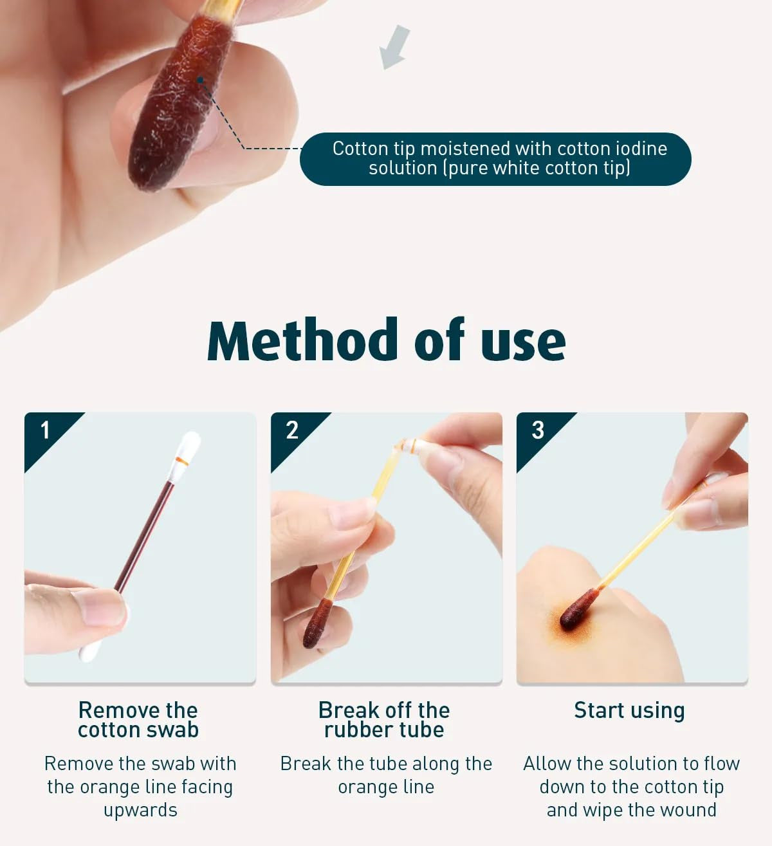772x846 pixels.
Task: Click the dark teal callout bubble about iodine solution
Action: click(495, 159)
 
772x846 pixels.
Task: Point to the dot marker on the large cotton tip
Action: click(200, 80)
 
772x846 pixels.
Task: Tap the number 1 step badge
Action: click(45, 430)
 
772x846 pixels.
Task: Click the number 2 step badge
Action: click(292, 430)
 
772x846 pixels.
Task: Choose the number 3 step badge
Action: click(538, 430)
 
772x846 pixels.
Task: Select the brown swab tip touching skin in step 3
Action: click(578, 609)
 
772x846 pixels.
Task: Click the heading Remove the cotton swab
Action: click(138, 720)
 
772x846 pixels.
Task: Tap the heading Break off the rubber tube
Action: click(384, 720)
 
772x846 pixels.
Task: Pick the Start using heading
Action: click(629, 711)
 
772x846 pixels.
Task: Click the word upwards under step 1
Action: click(140, 810)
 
